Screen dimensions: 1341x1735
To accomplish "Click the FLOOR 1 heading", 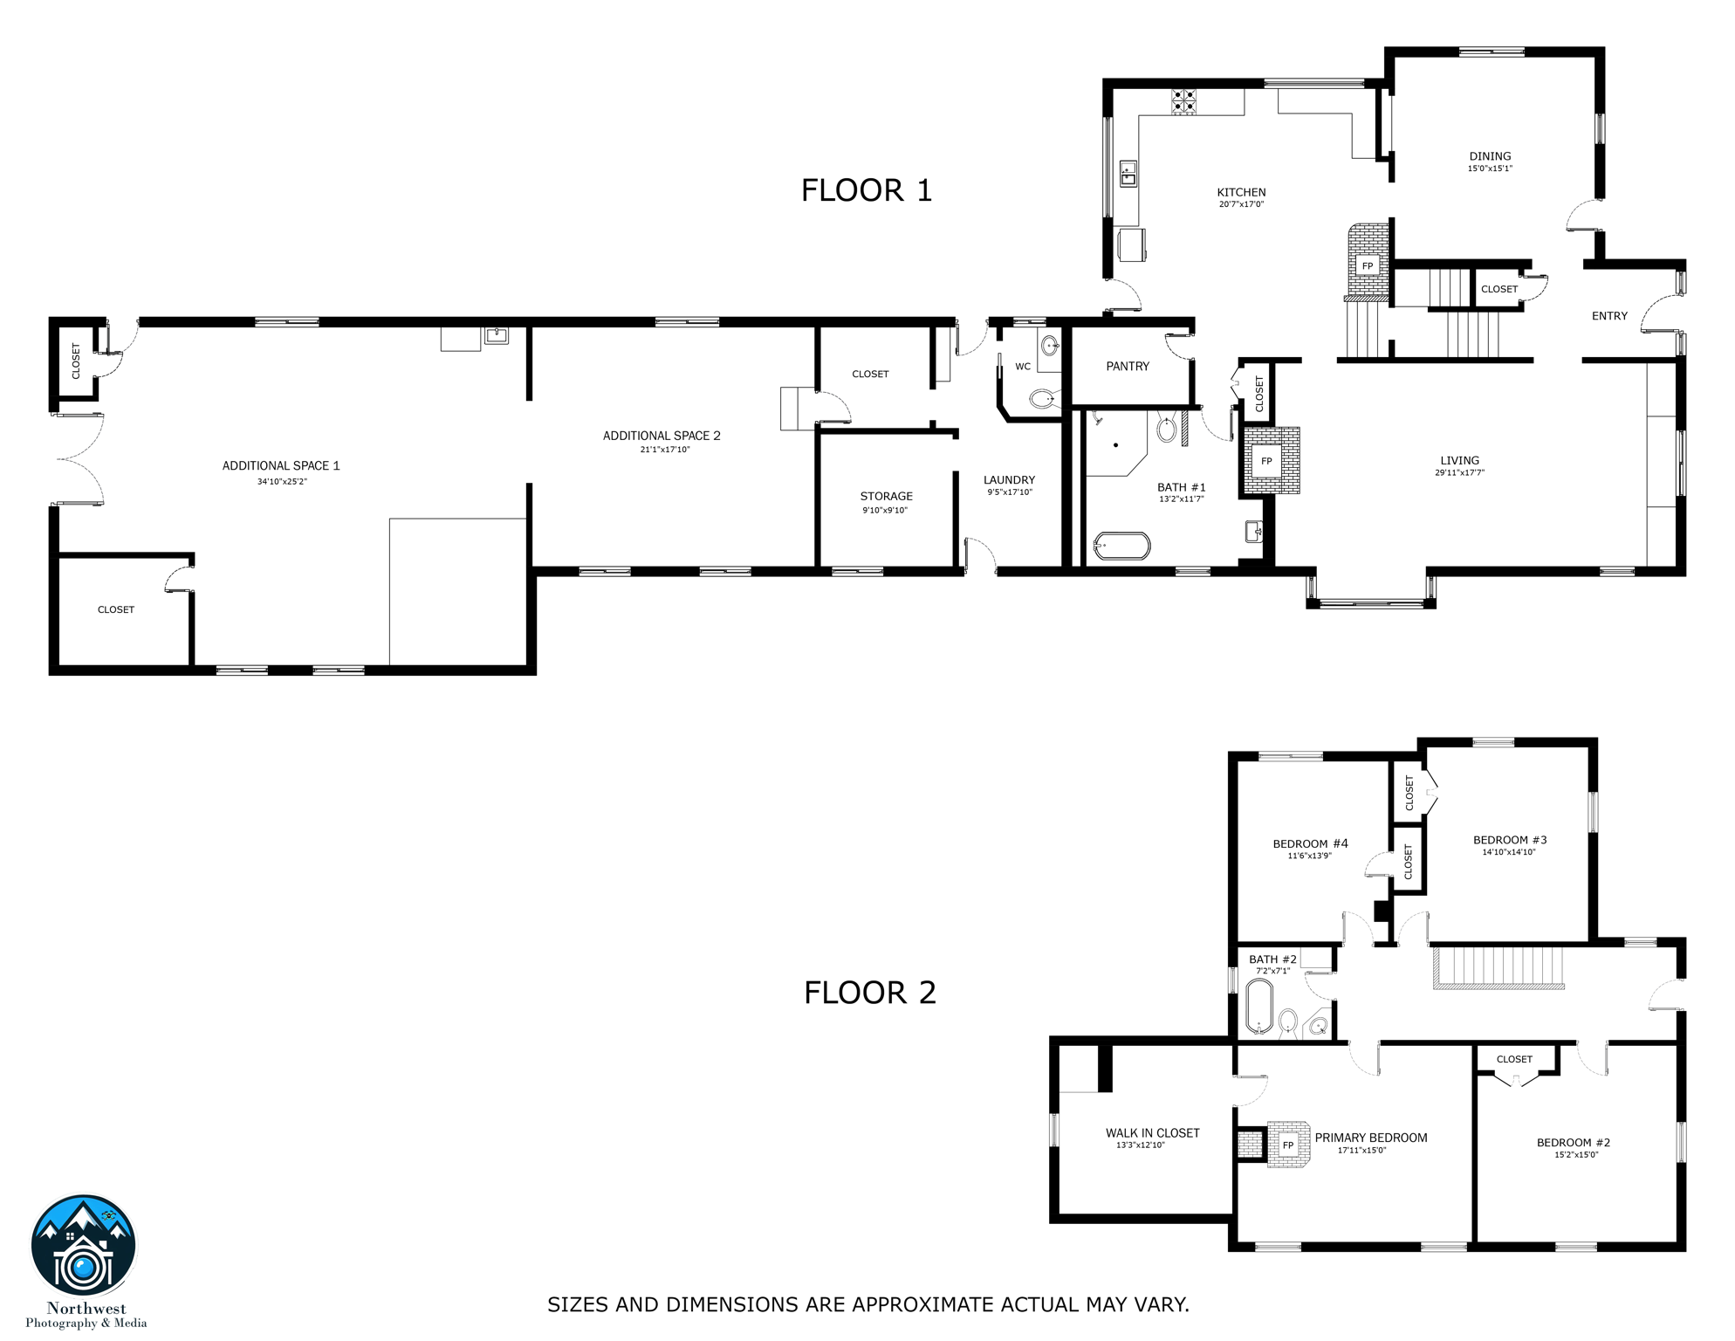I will (x=866, y=190).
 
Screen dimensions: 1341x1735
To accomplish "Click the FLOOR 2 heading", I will (x=869, y=993).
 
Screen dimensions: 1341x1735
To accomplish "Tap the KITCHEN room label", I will (x=1241, y=192).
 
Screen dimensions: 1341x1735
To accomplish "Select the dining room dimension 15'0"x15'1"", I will (x=1490, y=168).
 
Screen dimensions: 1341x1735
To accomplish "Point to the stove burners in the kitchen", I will (x=1183, y=102).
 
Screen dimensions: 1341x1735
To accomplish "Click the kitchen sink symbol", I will (x=1128, y=174).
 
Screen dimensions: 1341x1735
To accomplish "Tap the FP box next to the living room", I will (x=1266, y=461).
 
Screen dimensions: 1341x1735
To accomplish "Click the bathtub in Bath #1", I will (x=1121, y=547).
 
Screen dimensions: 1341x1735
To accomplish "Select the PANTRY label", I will (x=1128, y=367).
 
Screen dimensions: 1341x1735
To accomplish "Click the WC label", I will (x=1023, y=367).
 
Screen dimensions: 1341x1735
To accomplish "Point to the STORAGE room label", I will (x=886, y=496).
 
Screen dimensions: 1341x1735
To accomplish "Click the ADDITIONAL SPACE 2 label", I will (x=662, y=436).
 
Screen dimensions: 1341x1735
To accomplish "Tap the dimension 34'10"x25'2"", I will (x=282, y=481).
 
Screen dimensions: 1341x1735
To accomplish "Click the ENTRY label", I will (x=1609, y=316).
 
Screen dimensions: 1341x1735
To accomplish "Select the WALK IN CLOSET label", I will (x=1152, y=1133).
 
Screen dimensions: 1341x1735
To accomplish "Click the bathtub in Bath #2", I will (x=1258, y=1007).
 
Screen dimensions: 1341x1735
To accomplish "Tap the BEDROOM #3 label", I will (x=1510, y=840).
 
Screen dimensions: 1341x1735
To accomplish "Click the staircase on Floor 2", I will (x=1498, y=967).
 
